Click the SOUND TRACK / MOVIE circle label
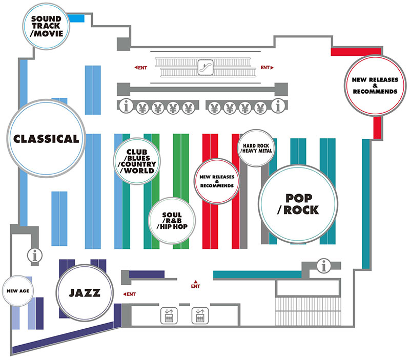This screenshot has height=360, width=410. click(x=46, y=26)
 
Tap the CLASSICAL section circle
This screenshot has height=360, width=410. click(x=46, y=138)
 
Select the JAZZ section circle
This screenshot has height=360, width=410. click(x=85, y=293)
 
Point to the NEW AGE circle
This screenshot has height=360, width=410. click(x=18, y=291)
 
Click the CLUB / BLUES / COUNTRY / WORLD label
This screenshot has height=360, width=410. click(x=137, y=161)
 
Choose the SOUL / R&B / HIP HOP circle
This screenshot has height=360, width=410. click(x=172, y=221)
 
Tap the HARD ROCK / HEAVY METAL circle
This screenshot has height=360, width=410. click(x=256, y=148)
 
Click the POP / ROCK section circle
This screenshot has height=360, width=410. click(x=298, y=204)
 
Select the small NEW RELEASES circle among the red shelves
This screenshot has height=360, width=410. click(x=217, y=181)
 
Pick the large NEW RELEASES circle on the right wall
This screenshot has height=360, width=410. click(x=375, y=86)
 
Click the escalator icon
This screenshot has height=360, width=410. click(x=206, y=67)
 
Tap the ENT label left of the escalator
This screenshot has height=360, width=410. click(x=141, y=68)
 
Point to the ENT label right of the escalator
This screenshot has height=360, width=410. click(x=267, y=68)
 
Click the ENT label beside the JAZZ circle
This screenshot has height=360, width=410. click(x=130, y=294)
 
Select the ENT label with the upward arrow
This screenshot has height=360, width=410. click(x=195, y=285)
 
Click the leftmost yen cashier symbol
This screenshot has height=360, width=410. click(x=142, y=108)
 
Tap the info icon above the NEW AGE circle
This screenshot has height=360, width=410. click(x=35, y=255)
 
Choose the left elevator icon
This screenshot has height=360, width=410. click(x=169, y=315)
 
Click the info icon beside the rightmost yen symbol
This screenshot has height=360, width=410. click(x=278, y=106)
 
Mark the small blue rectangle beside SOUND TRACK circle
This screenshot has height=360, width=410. click(x=76, y=18)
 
